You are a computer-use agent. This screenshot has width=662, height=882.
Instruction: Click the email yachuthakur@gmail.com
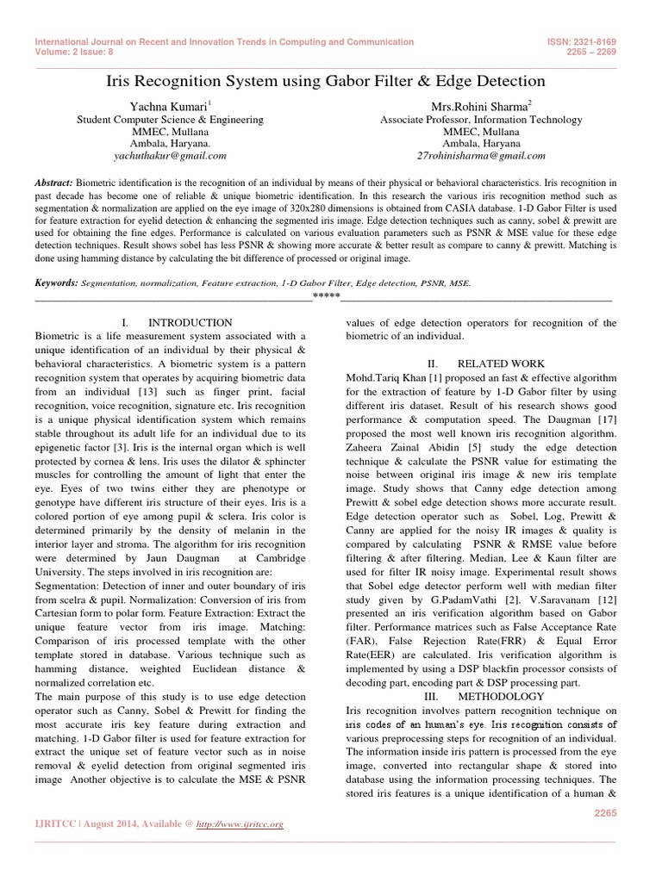[170, 156]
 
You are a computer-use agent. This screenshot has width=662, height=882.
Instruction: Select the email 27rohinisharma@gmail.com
[481, 156]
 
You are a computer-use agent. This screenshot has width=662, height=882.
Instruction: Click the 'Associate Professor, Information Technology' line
[481, 120]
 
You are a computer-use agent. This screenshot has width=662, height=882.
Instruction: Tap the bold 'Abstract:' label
[54, 184]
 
